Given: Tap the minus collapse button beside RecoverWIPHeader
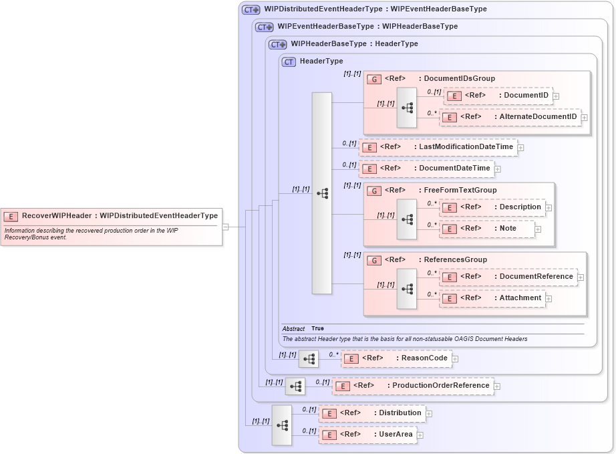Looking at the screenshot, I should click(x=226, y=227).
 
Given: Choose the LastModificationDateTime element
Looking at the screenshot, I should click(x=438, y=147).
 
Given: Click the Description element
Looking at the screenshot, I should click(x=492, y=207).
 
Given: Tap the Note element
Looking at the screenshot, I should click(x=487, y=229).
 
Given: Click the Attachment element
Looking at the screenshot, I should click(x=492, y=298).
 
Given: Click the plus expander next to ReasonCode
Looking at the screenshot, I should click(x=455, y=359).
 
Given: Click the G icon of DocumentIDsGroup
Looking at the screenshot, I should click(x=374, y=79).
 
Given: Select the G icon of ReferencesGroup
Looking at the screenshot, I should click(x=374, y=260).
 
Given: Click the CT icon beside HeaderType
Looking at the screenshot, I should click(x=289, y=62).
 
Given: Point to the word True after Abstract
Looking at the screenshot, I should click(x=317, y=329).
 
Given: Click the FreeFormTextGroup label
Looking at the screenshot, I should click(x=460, y=191).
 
